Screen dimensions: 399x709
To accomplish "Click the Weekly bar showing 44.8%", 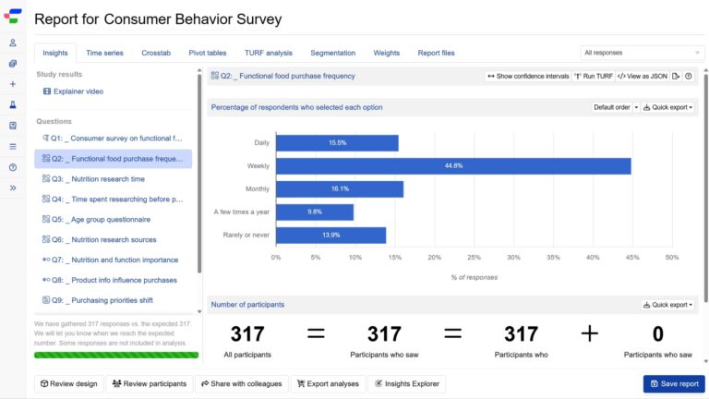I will pos(453,166).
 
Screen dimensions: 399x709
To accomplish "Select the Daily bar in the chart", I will pos(337,143).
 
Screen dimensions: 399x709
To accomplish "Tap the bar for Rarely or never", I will pos(330,236).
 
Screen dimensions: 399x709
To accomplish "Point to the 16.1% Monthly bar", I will pos(339,189).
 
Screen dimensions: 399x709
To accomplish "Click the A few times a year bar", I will pos(314,212).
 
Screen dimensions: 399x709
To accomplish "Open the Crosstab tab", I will pos(156,53).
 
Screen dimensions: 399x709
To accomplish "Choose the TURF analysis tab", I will pos(268,53).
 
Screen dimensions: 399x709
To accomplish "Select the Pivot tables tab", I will pos(208,53).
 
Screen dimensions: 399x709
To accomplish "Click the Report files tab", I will pos(436,53).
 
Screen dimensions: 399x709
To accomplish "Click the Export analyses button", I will pos(327,383).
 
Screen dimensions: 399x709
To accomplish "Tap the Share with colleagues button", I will pos(241,383).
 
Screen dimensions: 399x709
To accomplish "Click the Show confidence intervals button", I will pos(528,77).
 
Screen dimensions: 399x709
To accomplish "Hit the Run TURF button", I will pos(593,77).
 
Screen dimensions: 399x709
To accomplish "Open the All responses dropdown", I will pos(643,53).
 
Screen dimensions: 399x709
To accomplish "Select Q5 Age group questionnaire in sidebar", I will pos(110,219).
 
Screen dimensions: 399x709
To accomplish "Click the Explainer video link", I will pos(78,91).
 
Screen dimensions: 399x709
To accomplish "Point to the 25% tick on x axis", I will pos(474,258).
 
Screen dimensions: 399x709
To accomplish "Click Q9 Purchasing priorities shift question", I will pos(112,300).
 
